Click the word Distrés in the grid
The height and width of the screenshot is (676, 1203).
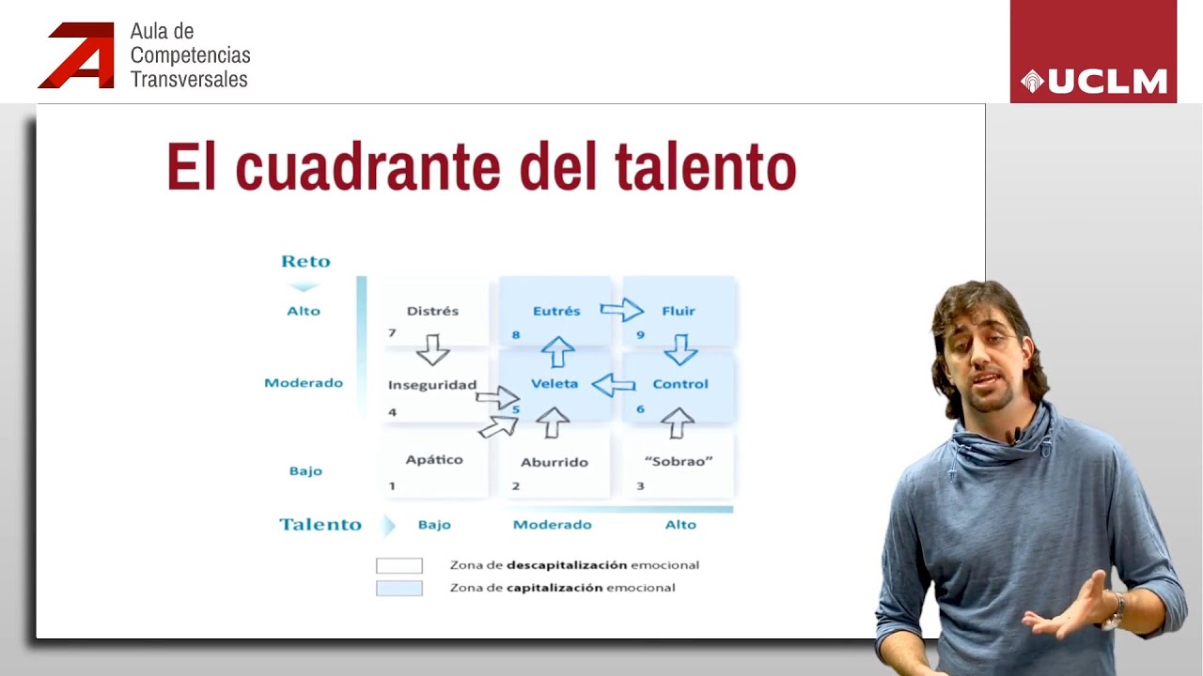(433, 311)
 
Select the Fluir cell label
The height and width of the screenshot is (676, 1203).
(679, 311)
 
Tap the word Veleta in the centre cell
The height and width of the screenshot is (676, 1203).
(555, 384)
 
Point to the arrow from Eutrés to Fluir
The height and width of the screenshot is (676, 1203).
(621, 310)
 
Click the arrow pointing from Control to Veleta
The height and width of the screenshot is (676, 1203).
(614, 384)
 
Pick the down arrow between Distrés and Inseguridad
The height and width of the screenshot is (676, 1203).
(433, 349)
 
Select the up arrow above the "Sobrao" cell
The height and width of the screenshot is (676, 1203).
(677, 422)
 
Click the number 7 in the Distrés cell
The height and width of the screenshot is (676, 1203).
(392, 333)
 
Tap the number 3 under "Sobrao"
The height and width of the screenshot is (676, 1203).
(641, 485)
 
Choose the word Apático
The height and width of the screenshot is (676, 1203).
(434, 460)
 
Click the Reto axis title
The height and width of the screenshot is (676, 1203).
(305, 262)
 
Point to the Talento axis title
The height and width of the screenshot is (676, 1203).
(320, 525)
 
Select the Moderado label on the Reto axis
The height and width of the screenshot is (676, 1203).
(304, 383)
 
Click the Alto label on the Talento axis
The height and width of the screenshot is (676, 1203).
(680, 525)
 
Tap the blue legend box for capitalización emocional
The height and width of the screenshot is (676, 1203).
(399, 589)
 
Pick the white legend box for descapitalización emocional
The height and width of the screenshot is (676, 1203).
(399, 566)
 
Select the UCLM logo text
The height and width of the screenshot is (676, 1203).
(1106, 83)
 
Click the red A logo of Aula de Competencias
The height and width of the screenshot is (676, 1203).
(78, 56)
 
